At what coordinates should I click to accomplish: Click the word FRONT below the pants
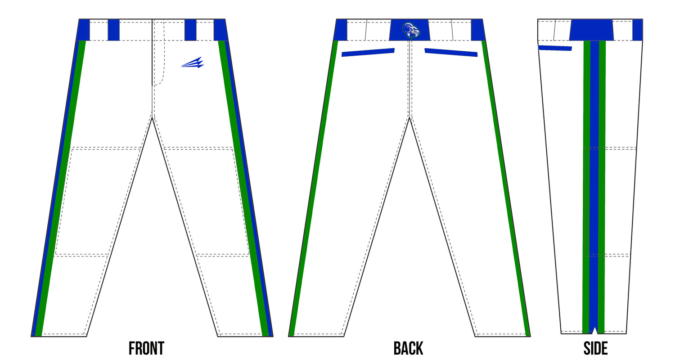pos(146,349)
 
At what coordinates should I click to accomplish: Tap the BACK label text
pos(408,349)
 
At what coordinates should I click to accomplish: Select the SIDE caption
pos(595,349)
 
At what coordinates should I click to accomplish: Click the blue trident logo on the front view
pos(193,63)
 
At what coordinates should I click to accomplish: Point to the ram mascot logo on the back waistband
pos(411,31)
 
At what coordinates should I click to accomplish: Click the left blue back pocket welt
pos(368,52)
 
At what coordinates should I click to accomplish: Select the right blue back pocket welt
pos(451,52)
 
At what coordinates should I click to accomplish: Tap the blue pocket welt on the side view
pos(555,48)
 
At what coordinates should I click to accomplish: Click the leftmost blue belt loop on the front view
pos(83,30)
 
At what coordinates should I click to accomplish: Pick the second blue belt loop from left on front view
pos(113,30)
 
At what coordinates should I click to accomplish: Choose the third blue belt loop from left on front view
pos(190,30)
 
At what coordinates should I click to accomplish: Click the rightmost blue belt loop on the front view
pos(220,30)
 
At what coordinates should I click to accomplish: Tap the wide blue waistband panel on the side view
pos(591,30)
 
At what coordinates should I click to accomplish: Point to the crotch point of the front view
pos(153,118)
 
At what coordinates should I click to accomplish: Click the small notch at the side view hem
pos(594,331)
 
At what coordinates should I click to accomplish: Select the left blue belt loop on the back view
pos(341,30)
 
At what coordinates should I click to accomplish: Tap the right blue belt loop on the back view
pos(478,30)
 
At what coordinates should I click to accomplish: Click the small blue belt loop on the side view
pos(638,30)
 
